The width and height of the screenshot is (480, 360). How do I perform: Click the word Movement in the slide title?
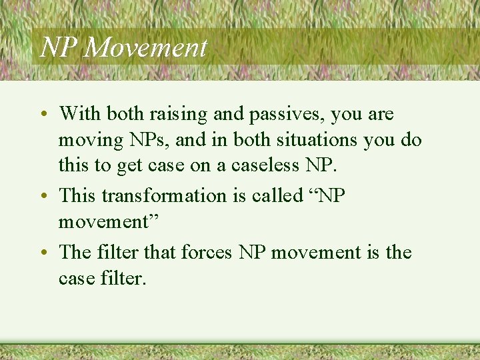coord(147,47)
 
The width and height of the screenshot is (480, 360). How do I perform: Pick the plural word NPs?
coord(148,141)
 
